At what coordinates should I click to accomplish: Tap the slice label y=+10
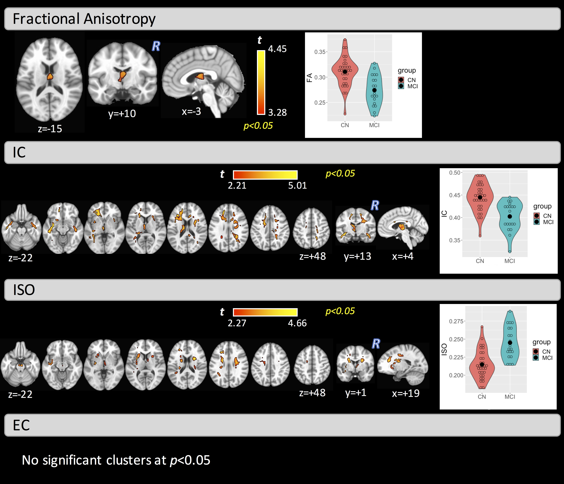pyautogui.click(x=122, y=114)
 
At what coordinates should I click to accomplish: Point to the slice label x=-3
pyautogui.click(x=191, y=111)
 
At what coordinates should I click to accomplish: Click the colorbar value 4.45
pyautogui.click(x=277, y=49)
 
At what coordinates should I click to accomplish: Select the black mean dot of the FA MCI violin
pyautogui.click(x=374, y=90)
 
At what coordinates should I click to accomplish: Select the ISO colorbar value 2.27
pyautogui.click(x=237, y=323)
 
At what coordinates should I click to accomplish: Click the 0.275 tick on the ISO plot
pyautogui.click(x=456, y=321)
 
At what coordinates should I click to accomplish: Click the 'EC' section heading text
pyautogui.click(x=21, y=425)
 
